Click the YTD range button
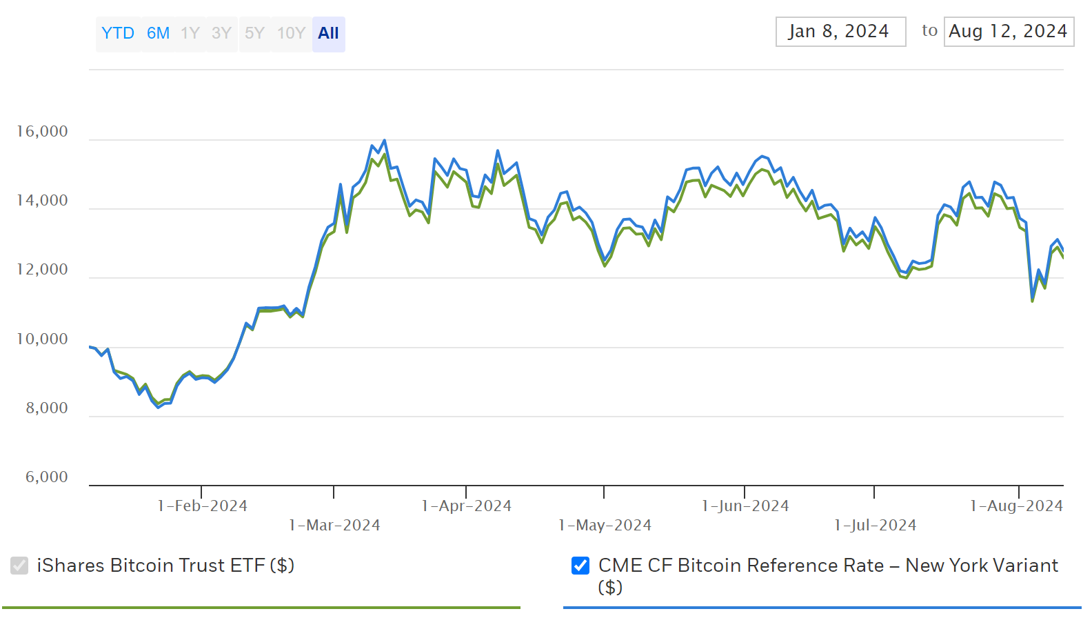point(118,33)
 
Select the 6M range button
point(158,33)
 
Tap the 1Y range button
point(190,33)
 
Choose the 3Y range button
point(221,33)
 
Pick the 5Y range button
point(254,33)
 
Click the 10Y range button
point(291,33)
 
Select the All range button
point(329,33)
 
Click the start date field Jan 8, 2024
point(840,32)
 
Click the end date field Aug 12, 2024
point(1008,32)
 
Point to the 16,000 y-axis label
point(42,132)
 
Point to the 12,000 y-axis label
point(42,270)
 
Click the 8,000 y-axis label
point(47,408)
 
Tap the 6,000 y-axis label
point(47,477)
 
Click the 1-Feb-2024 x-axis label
point(203,506)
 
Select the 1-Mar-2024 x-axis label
point(334,526)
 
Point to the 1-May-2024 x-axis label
point(605,526)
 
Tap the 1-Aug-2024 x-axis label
point(1016,506)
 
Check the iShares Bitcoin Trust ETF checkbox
point(19,566)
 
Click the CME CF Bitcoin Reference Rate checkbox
point(580,566)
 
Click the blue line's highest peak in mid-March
point(385,140)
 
